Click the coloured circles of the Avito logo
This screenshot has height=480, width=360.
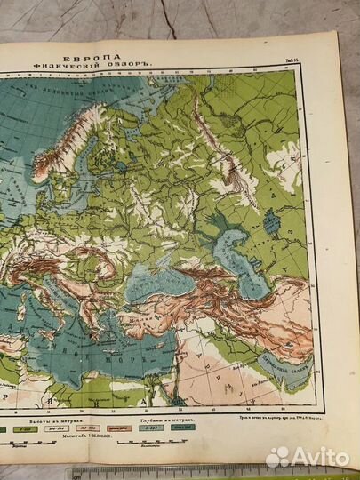[277, 457]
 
